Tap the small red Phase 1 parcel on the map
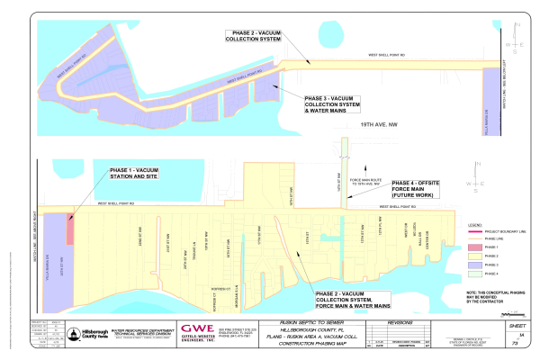[70, 230]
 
